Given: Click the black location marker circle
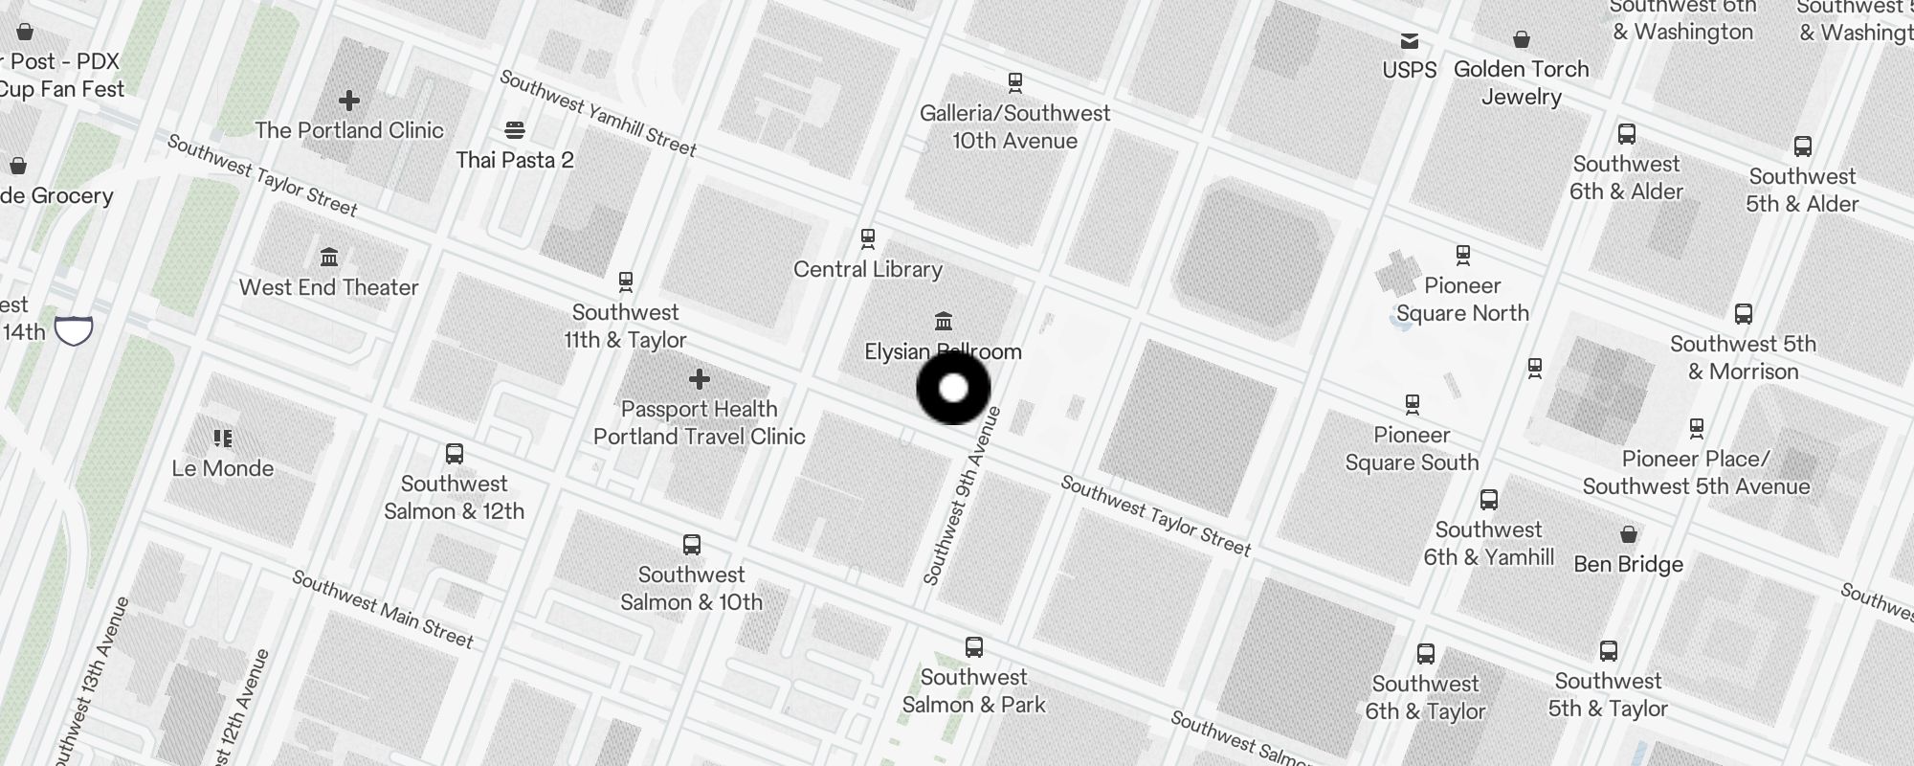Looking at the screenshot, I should (x=953, y=388).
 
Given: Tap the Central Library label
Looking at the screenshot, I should (x=868, y=269).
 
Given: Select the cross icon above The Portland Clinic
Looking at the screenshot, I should (x=349, y=100).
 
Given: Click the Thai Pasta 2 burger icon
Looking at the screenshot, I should (x=515, y=129).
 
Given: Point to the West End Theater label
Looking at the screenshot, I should (x=328, y=287).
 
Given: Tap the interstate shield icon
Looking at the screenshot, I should (x=74, y=330).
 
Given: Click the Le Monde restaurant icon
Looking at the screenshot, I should (x=223, y=439).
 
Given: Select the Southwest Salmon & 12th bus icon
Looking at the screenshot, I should (x=455, y=453).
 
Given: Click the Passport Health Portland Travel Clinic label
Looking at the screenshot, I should (x=700, y=422).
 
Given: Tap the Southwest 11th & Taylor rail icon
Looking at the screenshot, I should (x=626, y=282).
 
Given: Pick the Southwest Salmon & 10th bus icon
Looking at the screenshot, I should (x=692, y=545).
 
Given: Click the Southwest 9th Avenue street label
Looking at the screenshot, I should (x=963, y=496).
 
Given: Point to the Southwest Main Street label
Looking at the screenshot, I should (x=383, y=609).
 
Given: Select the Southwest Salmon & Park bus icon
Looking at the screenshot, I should (x=974, y=646).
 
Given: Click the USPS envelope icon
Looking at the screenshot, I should (x=1410, y=40).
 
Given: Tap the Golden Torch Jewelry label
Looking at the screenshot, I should (x=1522, y=82).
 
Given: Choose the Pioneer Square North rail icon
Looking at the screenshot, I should (x=1462, y=255).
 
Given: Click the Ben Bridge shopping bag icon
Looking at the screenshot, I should (x=1629, y=533).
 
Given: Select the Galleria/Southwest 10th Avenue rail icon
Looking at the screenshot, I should (x=1015, y=82).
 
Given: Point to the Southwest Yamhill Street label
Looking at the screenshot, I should (x=599, y=113).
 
